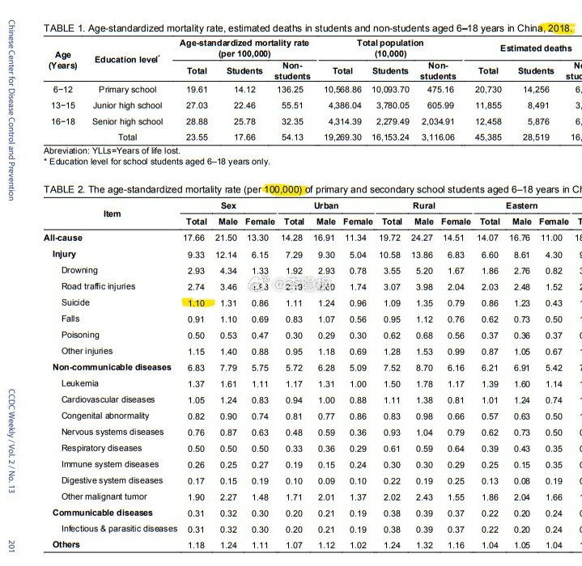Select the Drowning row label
[x=79, y=270]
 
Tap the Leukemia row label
[x=80, y=383]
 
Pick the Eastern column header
[x=521, y=206]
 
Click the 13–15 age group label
[x=63, y=106]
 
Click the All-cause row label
[x=63, y=238]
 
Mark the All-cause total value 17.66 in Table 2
[x=197, y=238]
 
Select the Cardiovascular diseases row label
[x=108, y=399]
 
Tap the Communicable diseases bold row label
[x=102, y=513]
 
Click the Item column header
[x=113, y=213]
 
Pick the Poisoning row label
[x=80, y=335]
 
